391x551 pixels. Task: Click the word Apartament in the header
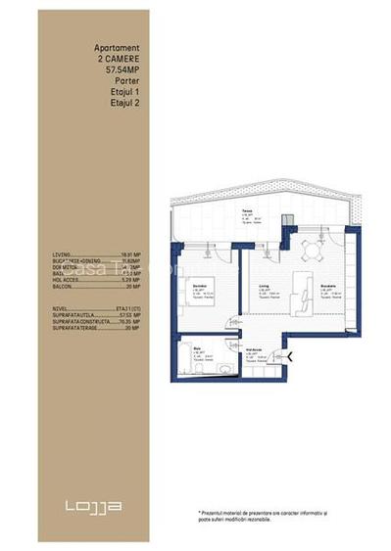[x=117, y=47]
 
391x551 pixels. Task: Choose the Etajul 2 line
[x=125, y=102]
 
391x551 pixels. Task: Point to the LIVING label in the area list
[x=58, y=251]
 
